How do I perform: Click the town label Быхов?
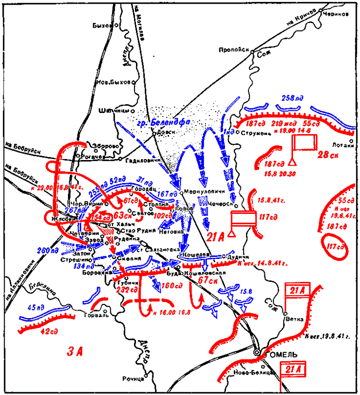(x=101, y=25)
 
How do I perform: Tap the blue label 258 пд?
(x=292, y=98)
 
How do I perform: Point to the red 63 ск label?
(x=122, y=216)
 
